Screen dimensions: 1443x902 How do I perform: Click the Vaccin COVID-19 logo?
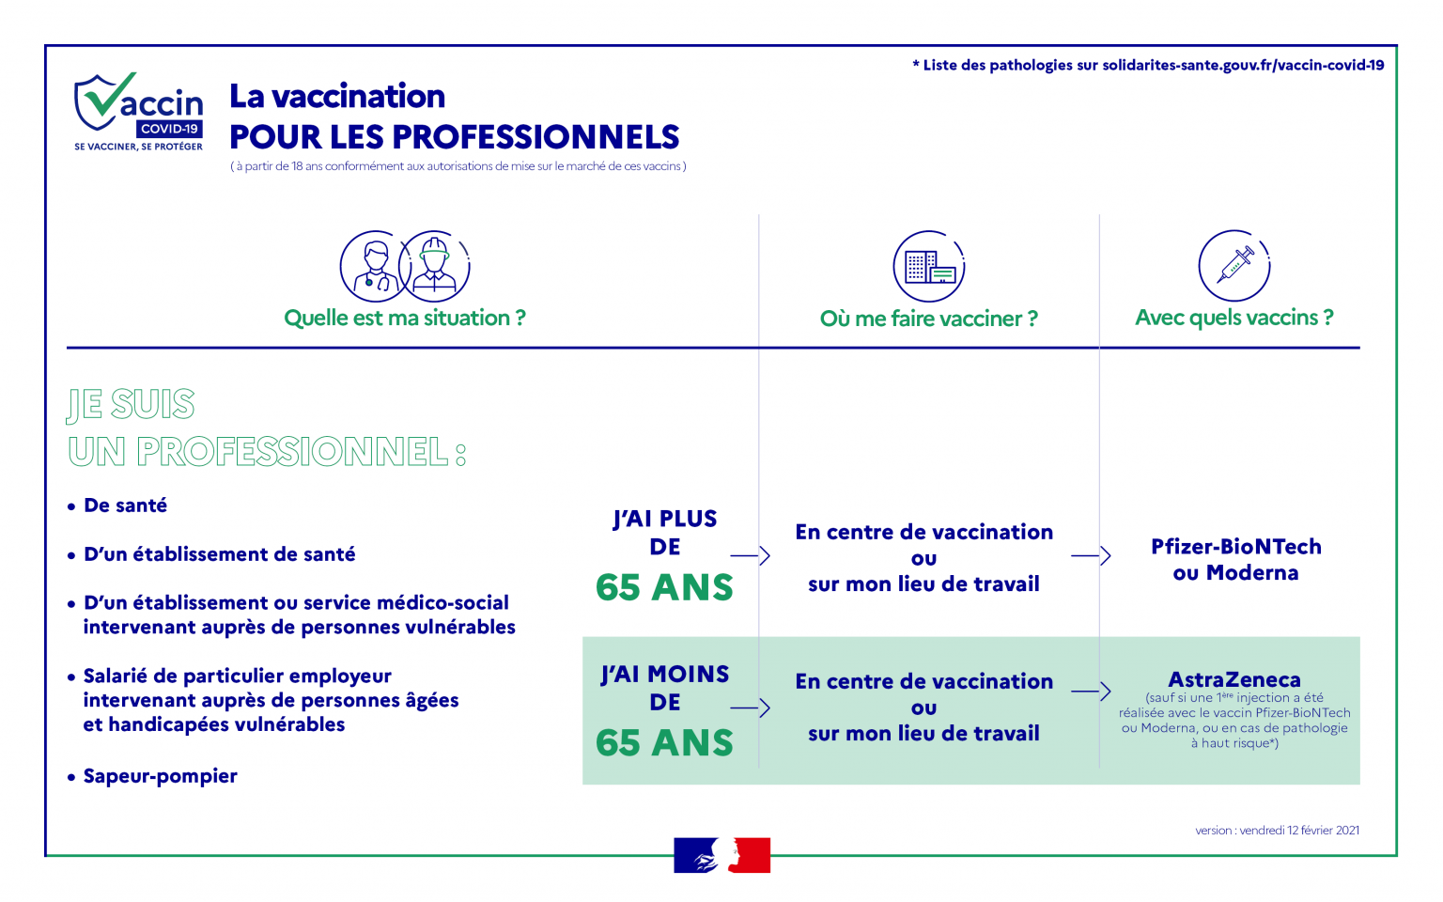click(138, 112)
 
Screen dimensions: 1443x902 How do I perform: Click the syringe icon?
click(1234, 266)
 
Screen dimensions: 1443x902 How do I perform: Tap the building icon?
click(929, 266)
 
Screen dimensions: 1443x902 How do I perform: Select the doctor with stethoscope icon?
click(375, 266)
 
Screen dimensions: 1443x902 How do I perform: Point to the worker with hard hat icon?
click(434, 266)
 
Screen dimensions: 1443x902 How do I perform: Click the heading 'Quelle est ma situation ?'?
click(405, 318)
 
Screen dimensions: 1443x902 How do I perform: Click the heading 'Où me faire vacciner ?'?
click(928, 319)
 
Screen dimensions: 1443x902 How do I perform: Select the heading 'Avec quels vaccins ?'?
click(1234, 318)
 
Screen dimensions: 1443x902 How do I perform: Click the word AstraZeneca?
click(1234, 679)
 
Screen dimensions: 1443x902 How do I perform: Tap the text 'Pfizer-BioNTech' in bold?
click(1236, 546)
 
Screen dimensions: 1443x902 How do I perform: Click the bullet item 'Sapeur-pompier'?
click(160, 776)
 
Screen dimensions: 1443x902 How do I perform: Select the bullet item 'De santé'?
click(125, 505)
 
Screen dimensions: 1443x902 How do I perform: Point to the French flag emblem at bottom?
click(721, 855)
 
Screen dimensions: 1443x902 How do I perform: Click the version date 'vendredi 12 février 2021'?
click(1299, 831)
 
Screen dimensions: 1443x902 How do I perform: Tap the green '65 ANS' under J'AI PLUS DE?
click(664, 587)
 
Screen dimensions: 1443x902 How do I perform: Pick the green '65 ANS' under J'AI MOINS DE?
click(664, 743)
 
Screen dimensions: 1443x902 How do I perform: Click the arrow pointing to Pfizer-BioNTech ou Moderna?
click(1091, 555)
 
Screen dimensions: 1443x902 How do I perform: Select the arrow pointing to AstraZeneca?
click(1091, 692)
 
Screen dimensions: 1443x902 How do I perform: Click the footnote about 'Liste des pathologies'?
click(1148, 65)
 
